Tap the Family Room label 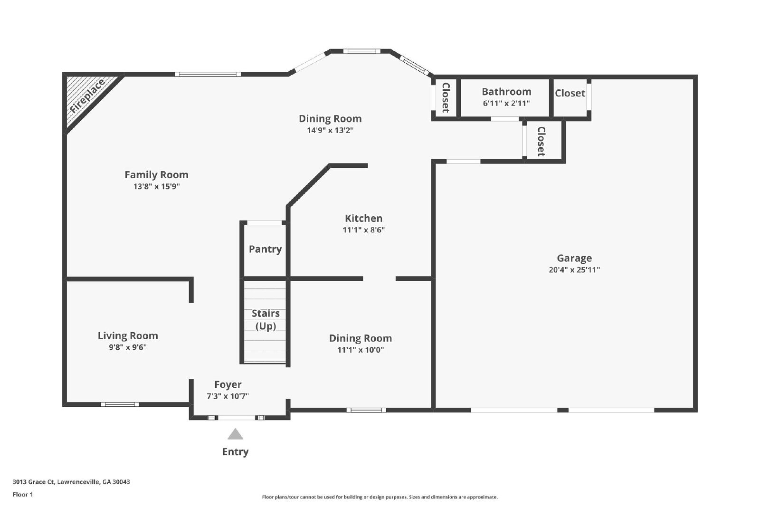[x=156, y=175]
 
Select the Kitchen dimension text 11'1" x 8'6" [x=364, y=230]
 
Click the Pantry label [x=266, y=249]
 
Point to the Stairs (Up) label [x=266, y=319]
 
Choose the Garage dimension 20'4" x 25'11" [x=574, y=270]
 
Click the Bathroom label [x=506, y=92]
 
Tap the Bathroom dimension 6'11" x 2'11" [x=506, y=103]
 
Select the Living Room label [x=128, y=336]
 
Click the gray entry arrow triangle [x=235, y=434]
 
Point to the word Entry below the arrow [x=236, y=452]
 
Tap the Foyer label [x=228, y=384]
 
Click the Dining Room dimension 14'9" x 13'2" [x=330, y=130]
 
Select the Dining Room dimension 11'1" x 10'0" [x=361, y=350]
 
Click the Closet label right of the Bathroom [x=570, y=93]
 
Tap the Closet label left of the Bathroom [x=446, y=98]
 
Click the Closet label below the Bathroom [x=541, y=142]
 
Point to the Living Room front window [x=120, y=404]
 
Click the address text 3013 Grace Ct [x=34, y=482]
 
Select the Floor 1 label [x=23, y=495]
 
